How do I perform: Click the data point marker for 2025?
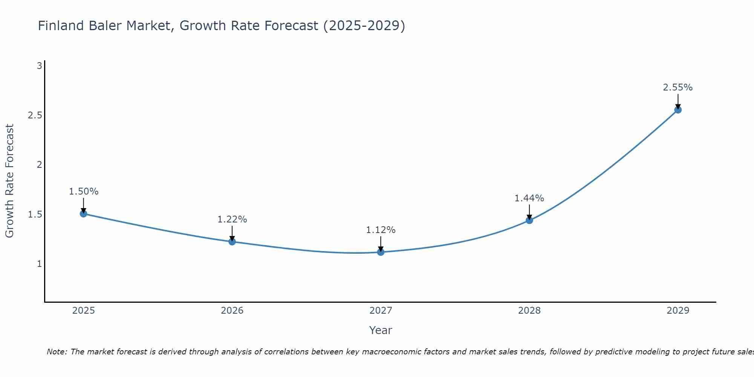[84, 214]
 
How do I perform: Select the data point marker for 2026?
[232, 242]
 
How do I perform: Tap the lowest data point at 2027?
[381, 252]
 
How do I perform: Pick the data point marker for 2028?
[529, 220]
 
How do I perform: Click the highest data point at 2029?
[678, 110]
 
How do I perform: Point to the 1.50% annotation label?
[84, 192]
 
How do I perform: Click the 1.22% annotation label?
[232, 219]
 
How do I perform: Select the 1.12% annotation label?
[381, 230]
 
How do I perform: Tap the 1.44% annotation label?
[529, 198]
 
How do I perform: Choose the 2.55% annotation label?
[678, 87]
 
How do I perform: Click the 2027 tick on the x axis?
[381, 311]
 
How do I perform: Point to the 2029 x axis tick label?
[678, 311]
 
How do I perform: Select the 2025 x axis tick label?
[84, 311]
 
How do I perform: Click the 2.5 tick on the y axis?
[35, 115]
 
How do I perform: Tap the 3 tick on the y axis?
[39, 66]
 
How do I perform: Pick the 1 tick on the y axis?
[39, 264]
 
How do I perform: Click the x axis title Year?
[381, 330]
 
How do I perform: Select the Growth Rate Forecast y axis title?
[10, 181]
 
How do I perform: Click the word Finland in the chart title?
[61, 26]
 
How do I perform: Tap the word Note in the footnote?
[57, 352]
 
